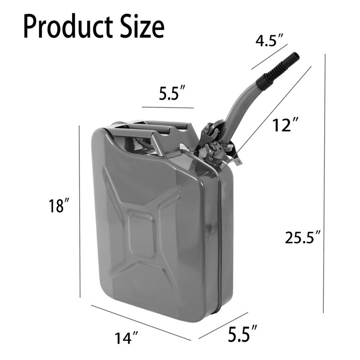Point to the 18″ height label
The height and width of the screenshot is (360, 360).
(59, 206)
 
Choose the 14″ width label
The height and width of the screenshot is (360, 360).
(126, 338)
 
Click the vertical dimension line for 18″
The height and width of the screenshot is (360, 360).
(79, 210)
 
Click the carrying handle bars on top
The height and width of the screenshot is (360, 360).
(143, 128)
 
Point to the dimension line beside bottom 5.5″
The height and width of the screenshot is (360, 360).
(223, 325)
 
